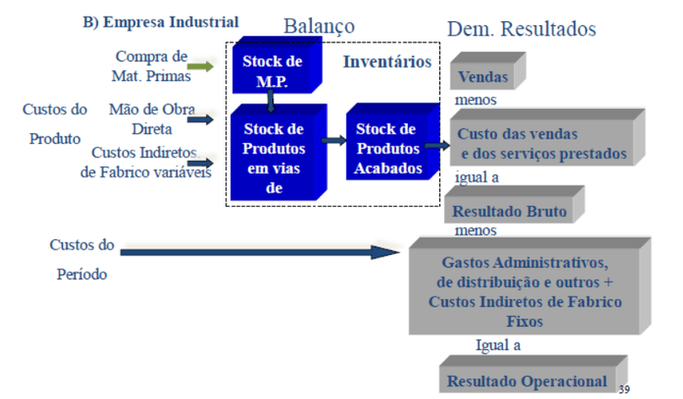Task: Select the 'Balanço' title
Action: click(x=318, y=26)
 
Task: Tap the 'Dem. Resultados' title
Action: click(x=521, y=29)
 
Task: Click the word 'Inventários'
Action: click(x=387, y=63)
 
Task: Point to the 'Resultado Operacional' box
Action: click(x=527, y=381)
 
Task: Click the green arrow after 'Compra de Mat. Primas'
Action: click(x=200, y=66)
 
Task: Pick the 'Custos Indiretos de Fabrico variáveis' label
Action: click(x=147, y=162)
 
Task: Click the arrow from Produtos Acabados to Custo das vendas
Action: click(x=437, y=145)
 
